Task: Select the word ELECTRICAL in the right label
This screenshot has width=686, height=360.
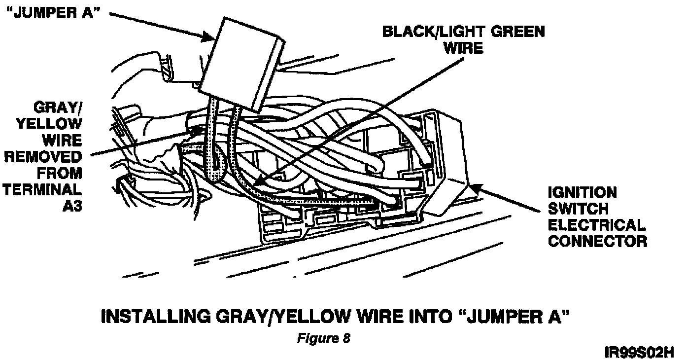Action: point(596,225)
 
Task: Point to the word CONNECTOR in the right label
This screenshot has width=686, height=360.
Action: point(597,241)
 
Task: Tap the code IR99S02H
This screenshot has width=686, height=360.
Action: point(639,353)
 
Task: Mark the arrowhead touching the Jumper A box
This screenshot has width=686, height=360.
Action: point(209,36)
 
